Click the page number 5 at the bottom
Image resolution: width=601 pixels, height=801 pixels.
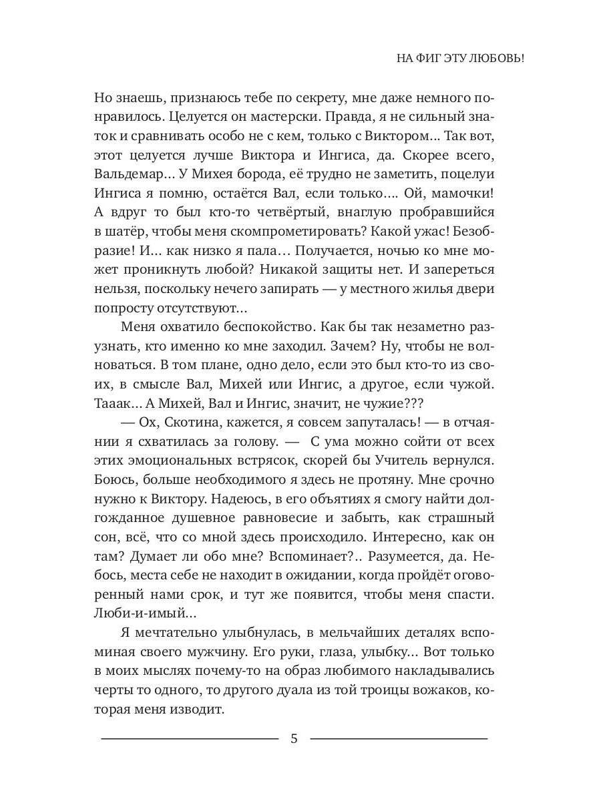tap(294, 739)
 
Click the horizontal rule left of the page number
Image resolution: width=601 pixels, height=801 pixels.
tap(189, 738)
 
